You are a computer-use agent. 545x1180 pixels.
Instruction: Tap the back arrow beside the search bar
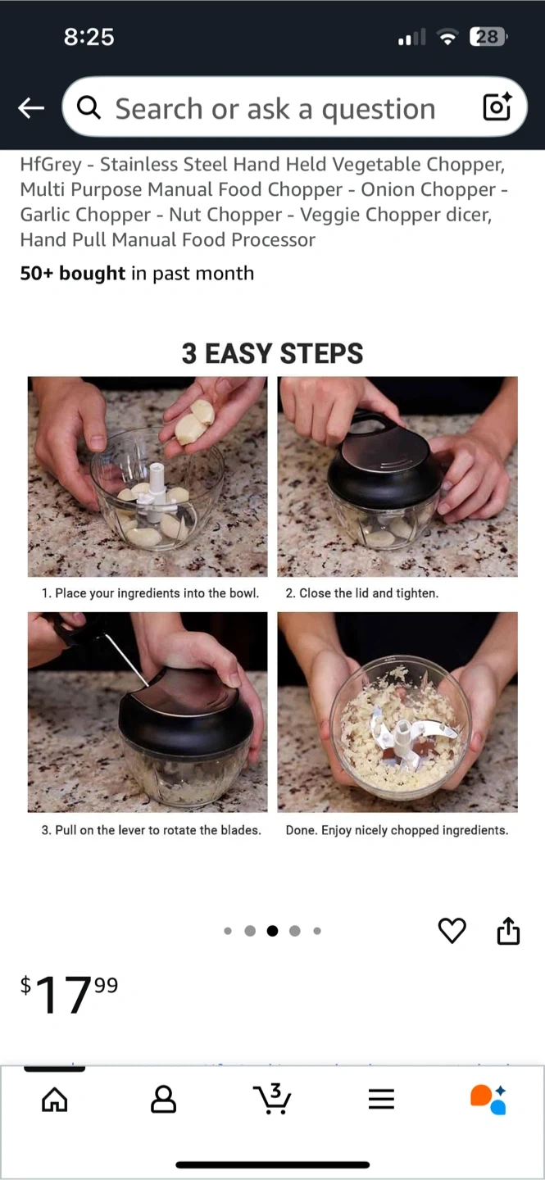click(x=31, y=108)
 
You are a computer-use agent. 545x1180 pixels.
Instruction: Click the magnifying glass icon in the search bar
click(x=89, y=108)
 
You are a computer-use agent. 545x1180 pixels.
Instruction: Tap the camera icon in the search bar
click(x=497, y=107)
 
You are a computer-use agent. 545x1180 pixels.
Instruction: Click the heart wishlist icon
click(x=452, y=930)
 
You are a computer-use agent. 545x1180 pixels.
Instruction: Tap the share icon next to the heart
click(x=509, y=930)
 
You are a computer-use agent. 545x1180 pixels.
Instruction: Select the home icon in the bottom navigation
click(x=55, y=1099)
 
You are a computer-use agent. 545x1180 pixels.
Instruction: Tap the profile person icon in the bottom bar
click(x=163, y=1099)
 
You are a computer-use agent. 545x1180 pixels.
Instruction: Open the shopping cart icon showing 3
click(x=272, y=1099)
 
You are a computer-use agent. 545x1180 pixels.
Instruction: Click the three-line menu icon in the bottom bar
click(x=381, y=1099)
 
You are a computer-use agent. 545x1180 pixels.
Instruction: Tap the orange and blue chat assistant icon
click(x=488, y=1100)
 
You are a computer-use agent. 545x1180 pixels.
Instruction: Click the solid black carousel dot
click(x=272, y=931)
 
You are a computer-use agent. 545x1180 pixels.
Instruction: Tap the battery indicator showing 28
click(x=488, y=37)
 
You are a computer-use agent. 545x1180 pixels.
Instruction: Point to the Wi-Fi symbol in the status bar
click(x=447, y=38)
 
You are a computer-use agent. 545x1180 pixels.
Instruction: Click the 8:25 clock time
click(x=89, y=37)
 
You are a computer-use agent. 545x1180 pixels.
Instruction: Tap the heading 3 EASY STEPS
click(x=272, y=353)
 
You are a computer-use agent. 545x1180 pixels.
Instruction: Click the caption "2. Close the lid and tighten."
click(x=362, y=593)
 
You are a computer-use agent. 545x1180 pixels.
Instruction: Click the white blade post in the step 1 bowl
click(x=157, y=491)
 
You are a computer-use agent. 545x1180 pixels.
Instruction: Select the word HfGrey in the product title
click(x=51, y=165)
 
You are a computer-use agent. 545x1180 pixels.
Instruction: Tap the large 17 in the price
click(x=63, y=995)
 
